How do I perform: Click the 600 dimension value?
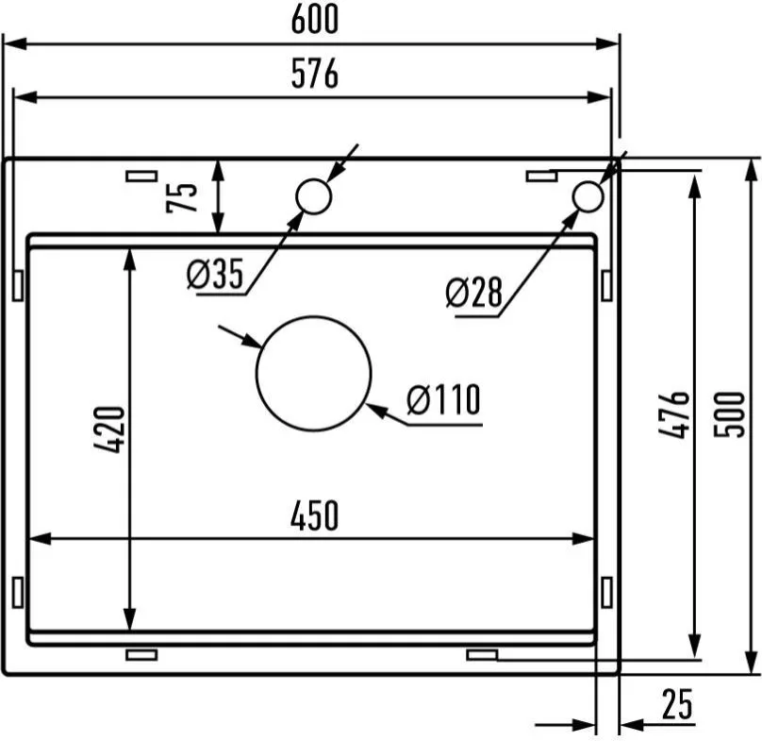(314, 19)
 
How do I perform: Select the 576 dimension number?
(314, 74)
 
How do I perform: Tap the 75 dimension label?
(182, 197)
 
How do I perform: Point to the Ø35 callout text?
(215, 274)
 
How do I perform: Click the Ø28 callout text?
(473, 293)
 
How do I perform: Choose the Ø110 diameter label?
(443, 399)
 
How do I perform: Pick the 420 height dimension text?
(109, 429)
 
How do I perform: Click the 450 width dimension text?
(314, 515)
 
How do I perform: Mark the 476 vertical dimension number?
(673, 414)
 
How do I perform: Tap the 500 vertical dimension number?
(729, 414)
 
